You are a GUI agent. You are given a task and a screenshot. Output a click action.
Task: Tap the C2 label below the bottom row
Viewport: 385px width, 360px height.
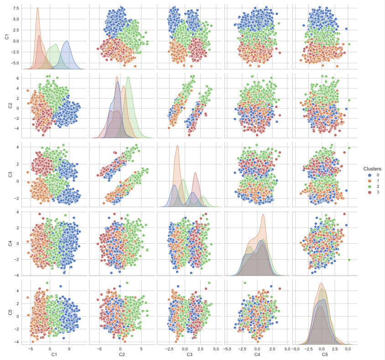[x=122, y=354]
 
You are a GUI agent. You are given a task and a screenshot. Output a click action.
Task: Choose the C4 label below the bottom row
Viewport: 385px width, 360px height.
[x=257, y=354]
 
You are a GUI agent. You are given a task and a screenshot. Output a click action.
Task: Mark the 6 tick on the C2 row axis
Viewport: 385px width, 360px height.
[x=17, y=78]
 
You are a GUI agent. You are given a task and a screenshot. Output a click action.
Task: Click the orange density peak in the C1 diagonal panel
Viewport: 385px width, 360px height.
[x=37, y=8]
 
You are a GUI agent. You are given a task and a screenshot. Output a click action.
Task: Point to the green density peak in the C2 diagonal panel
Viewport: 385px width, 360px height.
[x=128, y=77]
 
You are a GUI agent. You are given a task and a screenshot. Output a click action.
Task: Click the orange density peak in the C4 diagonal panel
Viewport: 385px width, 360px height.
[x=263, y=215]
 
